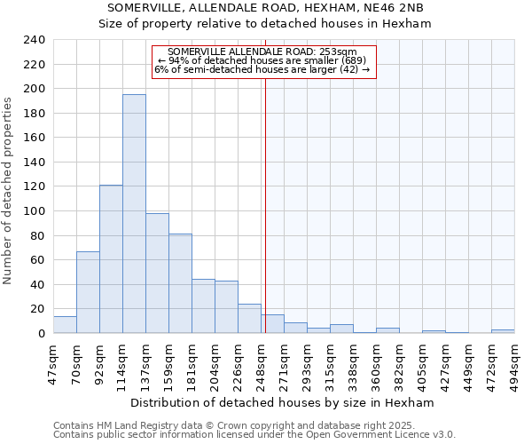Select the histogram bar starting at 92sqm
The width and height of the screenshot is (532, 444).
pos(111,258)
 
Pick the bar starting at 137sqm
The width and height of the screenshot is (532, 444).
pos(157,273)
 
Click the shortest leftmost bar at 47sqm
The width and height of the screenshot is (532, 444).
pos(65,325)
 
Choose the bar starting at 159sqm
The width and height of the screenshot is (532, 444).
pos(180,283)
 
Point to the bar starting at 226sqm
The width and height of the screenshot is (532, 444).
pos(249,319)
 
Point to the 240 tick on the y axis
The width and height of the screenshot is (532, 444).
pos(35,40)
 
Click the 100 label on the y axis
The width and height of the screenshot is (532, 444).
pos(35,211)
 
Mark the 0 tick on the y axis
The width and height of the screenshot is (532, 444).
pos(41,333)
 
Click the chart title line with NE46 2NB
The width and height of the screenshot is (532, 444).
pos(265,8)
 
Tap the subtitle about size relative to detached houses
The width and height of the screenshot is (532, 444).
pos(265,24)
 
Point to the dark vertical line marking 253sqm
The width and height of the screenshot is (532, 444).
pos(265,222)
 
